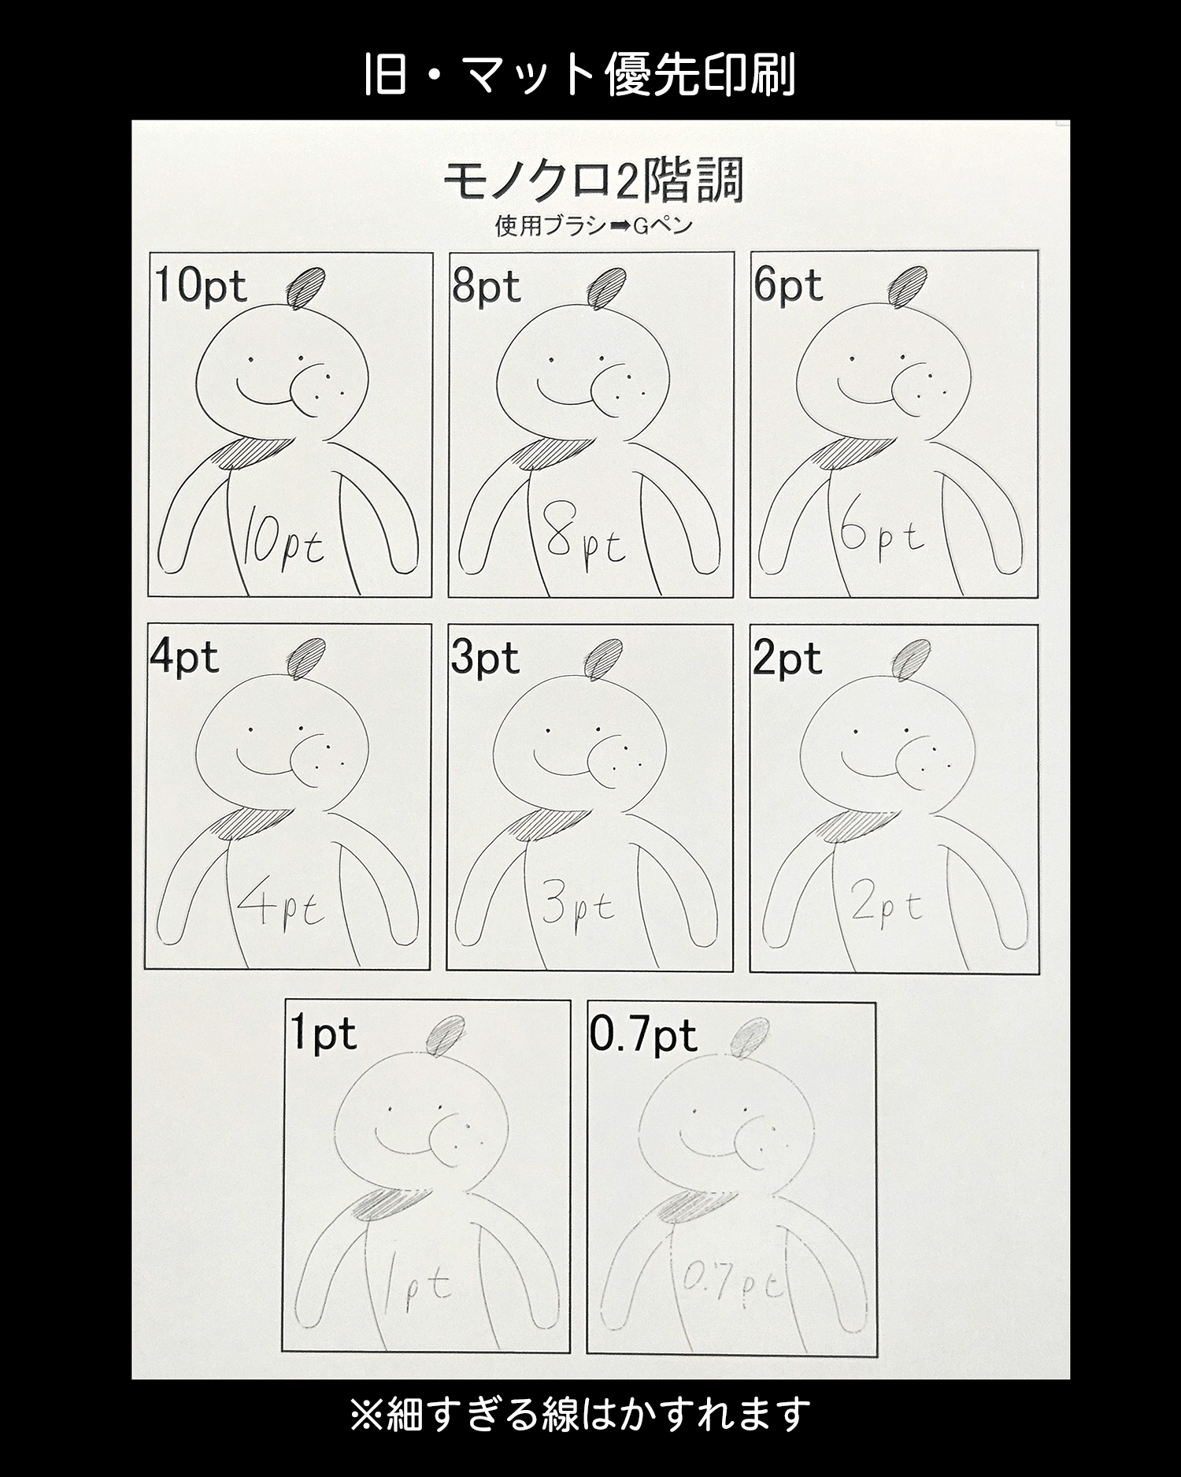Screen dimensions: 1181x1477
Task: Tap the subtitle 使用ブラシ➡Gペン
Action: (x=593, y=226)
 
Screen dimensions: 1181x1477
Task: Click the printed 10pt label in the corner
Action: (x=201, y=286)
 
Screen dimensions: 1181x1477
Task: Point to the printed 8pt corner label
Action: (x=486, y=286)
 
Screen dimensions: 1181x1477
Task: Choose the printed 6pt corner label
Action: (x=787, y=285)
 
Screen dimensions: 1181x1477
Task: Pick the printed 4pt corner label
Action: (x=184, y=658)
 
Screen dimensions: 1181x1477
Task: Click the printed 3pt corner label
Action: (x=485, y=658)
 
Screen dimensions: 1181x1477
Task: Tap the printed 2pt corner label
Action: (x=787, y=659)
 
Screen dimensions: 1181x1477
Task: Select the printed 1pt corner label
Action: (x=324, y=1034)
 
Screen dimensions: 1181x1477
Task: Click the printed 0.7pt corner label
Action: (x=643, y=1035)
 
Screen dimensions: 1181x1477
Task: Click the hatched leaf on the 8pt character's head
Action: (x=605, y=288)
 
